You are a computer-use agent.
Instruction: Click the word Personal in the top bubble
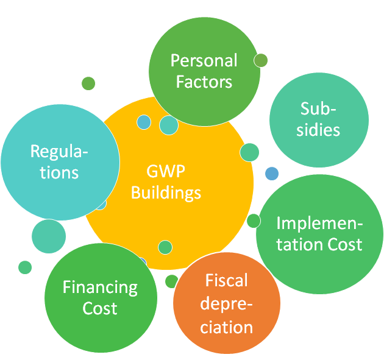tap(204, 61)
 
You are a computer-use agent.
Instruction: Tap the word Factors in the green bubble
tap(204, 82)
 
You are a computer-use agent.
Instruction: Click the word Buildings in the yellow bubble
tap(166, 193)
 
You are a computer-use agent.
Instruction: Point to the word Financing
tap(100, 287)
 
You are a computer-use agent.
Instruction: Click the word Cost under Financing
tap(100, 308)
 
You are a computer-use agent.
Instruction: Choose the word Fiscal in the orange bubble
tap(226, 281)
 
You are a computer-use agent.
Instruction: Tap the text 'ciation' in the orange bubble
tap(226, 327)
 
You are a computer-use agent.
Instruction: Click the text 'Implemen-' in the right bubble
tap(319, 223)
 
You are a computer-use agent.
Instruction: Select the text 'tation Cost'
tap(319, 244)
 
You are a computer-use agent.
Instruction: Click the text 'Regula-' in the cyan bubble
tap(59, 150)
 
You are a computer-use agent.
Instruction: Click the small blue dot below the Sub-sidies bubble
tap(272, 173)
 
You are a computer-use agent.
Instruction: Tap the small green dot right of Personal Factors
tap(261, 60)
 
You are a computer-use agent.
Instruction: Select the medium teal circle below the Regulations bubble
tap(49, 236)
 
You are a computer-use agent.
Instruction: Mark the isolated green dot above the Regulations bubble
tap(88, 83)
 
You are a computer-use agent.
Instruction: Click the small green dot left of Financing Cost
tap(25, 267)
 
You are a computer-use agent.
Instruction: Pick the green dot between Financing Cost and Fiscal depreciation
tap(172, 281)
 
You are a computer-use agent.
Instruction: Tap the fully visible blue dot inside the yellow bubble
tap(143, 122)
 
